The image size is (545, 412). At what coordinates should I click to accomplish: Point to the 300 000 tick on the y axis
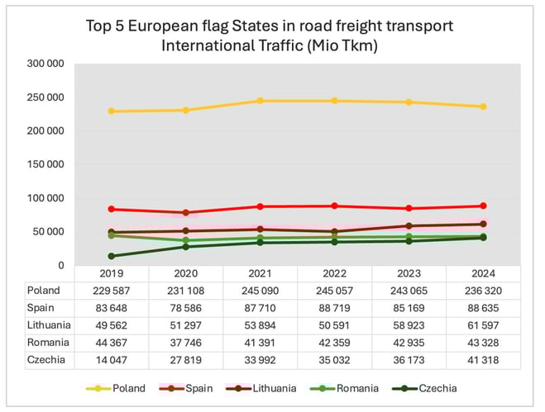(45, 64)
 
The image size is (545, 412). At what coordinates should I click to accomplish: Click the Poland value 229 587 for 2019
(112, 291)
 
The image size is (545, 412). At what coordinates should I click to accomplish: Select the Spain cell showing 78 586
(185, 308)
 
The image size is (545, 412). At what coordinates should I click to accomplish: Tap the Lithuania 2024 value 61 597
(483, 325)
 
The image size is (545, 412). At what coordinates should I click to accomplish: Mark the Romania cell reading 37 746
(185, 343)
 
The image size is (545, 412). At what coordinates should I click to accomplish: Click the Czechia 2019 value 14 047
(112, 360)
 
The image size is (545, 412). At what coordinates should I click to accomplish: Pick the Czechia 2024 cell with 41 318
(483, 360)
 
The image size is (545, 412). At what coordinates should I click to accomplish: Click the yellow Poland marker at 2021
(260, 101)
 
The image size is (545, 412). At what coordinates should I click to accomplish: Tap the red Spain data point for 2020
(185, 212)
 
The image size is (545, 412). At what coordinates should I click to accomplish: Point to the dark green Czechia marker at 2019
(112, 256)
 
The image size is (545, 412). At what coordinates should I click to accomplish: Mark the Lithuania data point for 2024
(483, 224)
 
